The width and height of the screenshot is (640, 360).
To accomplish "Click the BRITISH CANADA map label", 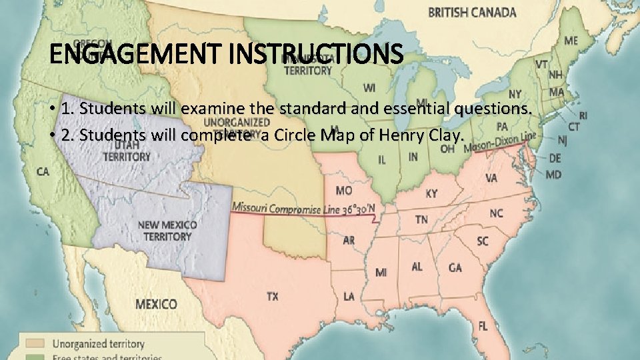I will coord(472,12).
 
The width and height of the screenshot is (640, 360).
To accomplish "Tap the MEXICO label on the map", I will coord(157,304).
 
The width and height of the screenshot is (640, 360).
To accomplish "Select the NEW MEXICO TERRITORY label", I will coord(167,231).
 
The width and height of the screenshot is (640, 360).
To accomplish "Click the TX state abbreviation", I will coord(273,296).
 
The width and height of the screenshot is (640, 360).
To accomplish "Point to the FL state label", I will coord(482,326).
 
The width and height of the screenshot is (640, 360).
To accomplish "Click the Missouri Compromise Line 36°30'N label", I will coord(303,209).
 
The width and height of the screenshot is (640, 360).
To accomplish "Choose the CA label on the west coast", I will coord(43,171).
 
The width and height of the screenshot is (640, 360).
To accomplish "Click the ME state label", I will coord(571,41).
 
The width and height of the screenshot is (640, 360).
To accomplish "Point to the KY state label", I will coord(432,193).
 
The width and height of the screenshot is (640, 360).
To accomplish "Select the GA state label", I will coord(455,267).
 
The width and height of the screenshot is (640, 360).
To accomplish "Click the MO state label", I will coord(344,191).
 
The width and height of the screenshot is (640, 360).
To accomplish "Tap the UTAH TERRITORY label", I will coord(126,151).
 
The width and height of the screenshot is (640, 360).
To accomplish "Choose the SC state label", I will coord(482,241).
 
